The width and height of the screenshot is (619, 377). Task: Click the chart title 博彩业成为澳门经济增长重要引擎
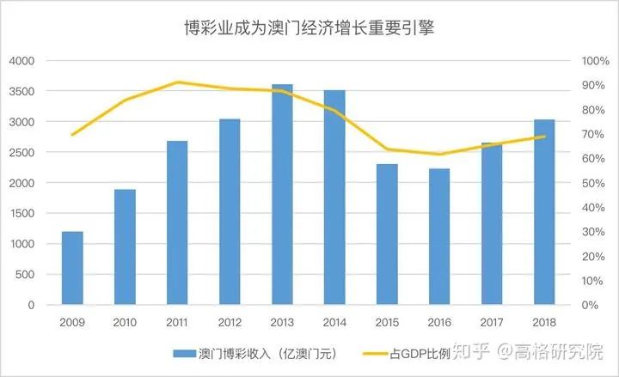309,27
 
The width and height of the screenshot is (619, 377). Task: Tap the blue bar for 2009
72,268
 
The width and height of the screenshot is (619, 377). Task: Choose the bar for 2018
543,212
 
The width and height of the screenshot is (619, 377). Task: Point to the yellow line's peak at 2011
177,82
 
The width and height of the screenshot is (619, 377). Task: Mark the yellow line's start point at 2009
72,135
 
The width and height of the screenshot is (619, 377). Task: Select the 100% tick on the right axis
595,61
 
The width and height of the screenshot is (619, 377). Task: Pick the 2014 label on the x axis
334,321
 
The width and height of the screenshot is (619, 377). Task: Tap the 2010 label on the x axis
125,321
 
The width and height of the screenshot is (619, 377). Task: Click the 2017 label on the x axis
491,321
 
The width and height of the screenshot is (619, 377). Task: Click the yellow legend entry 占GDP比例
413,353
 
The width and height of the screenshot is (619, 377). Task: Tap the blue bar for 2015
387,234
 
